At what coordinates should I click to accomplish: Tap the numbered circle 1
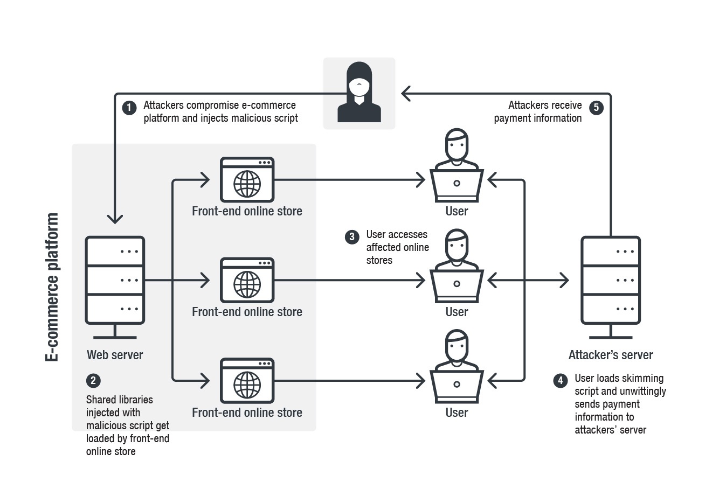129,108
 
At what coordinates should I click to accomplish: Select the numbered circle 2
93,381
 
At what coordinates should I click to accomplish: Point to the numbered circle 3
352,237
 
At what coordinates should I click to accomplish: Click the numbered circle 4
561,381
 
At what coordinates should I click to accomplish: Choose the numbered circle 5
596,108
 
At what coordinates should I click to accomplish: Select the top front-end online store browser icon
247,180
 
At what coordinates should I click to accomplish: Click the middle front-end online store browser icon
247,280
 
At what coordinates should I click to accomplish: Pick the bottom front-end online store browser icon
247,381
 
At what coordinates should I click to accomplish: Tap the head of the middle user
457,245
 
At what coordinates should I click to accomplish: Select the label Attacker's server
611,355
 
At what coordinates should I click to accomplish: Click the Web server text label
115,355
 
